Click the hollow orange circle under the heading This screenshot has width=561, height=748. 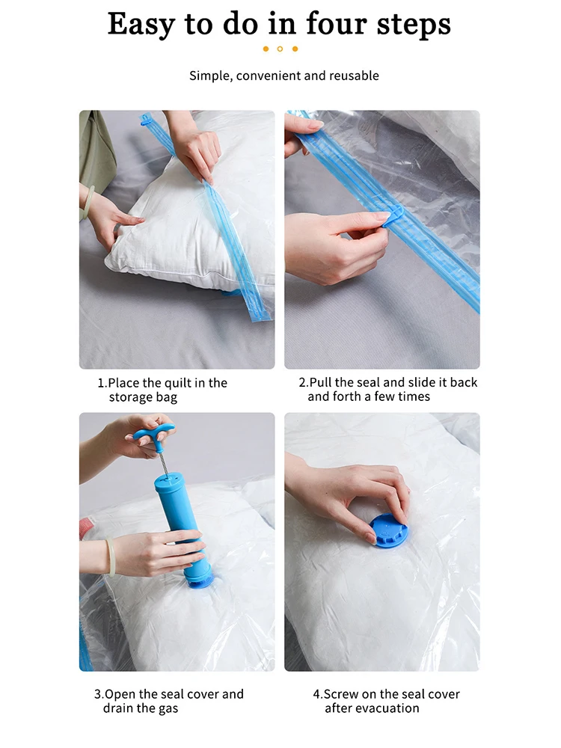click(280, 49)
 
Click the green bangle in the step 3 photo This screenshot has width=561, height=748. click(111, 557)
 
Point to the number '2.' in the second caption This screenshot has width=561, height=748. click(304, 382)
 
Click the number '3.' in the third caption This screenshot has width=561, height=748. click(99, 694)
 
